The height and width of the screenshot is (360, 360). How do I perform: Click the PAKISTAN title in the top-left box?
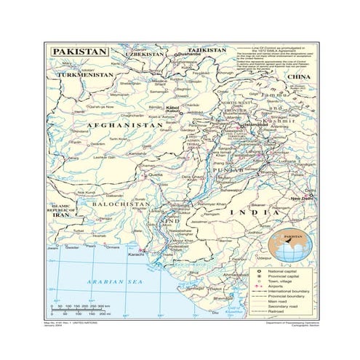pos(79,52)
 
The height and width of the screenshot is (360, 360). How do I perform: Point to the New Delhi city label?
pos(301,199)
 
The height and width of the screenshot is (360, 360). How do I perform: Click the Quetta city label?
pos(155,175)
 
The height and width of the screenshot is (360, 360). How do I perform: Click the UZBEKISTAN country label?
pos(144,54)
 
